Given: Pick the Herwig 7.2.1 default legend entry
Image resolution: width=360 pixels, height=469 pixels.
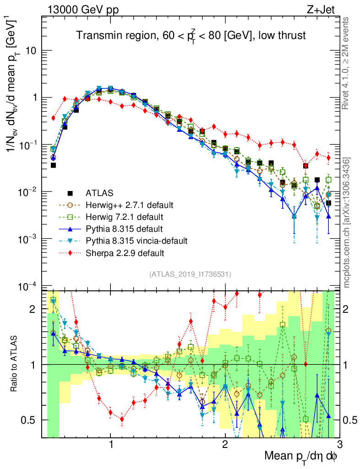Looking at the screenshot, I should pyautogui.click(x=110, y=216).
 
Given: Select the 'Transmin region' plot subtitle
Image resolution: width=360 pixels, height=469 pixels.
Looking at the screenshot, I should pyautogui.click(x=191, y=36).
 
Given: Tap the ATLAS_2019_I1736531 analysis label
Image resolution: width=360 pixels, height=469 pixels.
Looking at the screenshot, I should pyautogui.click(x=190, y=274).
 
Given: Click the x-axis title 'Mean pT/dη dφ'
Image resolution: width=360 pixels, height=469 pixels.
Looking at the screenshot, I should pyautogui.click(x=301, y=456).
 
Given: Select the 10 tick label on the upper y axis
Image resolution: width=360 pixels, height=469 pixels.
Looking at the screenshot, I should pyautogui.click(x=30, y=50).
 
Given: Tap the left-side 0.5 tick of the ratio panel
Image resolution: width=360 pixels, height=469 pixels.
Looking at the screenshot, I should pyautogui.click(x=30, y=420).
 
